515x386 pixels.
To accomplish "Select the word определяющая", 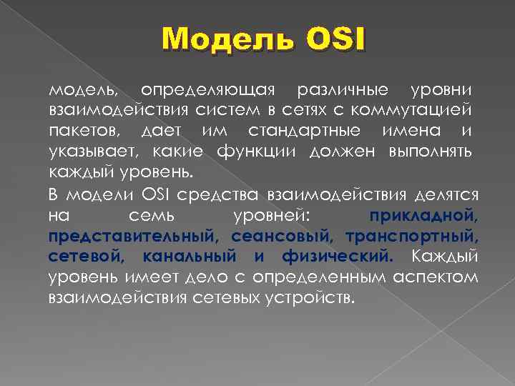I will [208, 91].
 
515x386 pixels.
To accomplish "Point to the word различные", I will [343, 91].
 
